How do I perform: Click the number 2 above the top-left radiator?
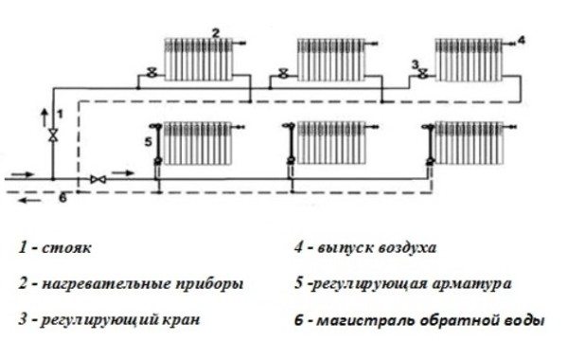tap(216, 33)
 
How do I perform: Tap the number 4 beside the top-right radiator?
tap(520, 40)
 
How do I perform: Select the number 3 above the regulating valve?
tap(415, 63)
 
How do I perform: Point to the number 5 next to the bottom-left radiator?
tap(148, 142)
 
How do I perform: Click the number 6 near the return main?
tap(62, 198)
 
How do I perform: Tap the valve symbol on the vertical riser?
tap(53, 135)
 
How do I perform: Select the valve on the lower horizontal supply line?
tap(97, 178)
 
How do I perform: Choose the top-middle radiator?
tap(331, 60)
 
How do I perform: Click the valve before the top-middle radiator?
tap(282, 73)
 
